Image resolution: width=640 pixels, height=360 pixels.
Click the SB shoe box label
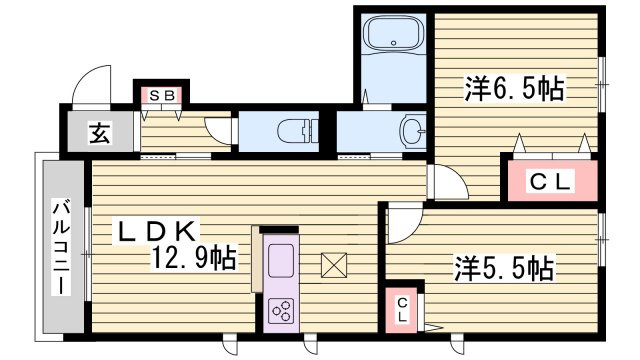point(162,96)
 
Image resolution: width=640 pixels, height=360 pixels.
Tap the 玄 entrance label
point(100,133)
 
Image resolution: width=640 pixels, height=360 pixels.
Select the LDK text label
point(156,231)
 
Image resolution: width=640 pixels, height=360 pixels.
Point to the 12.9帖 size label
point(193,257)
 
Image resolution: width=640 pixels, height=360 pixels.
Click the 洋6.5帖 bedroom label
point(515,89)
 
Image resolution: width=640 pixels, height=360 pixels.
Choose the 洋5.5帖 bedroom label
point(504,268)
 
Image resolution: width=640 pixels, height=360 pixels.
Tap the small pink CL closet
point(402,310)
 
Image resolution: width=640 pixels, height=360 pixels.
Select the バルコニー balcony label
point(61,246)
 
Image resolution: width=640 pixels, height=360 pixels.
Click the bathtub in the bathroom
point(394,34)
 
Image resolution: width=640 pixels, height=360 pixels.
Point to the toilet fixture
point(298,131)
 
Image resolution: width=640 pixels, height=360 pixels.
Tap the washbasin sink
point(412,131)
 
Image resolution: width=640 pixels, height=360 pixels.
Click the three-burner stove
point(282,311)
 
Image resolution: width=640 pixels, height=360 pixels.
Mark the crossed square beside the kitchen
point(333,265)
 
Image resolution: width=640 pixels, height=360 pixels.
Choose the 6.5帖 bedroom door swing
point(448,182)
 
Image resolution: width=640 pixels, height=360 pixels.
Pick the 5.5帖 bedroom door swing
point(405,223)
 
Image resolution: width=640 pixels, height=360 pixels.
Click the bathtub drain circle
point(394,42)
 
